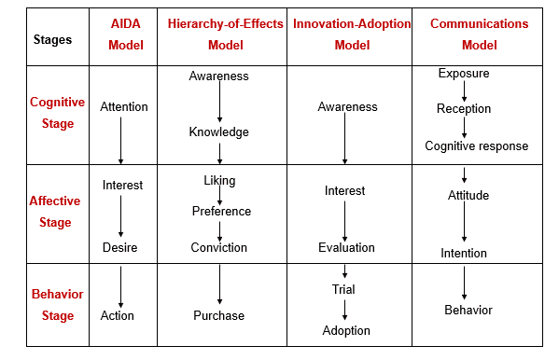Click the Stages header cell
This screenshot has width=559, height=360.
52,40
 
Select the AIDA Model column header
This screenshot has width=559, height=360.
126,34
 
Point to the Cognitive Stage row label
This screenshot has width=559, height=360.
57,114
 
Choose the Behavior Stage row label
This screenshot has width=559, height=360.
57,304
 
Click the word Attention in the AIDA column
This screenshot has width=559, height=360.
124,106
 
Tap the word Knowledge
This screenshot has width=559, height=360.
219,132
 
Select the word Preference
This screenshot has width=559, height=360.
221,211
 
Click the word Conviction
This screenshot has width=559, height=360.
219,247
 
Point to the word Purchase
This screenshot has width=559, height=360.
219,315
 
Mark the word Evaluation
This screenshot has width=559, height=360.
346,247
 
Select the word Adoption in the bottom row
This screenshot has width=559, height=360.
346,330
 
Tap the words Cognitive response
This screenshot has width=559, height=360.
476,145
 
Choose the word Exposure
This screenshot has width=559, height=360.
464,73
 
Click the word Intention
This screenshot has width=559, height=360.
464,253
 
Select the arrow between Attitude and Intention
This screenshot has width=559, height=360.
464,225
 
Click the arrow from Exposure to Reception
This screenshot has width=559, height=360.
464,90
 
